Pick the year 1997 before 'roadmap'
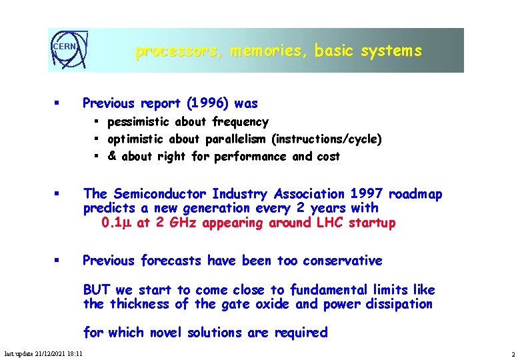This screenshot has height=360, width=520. pos(366,194)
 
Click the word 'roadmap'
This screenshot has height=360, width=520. pos(416,194)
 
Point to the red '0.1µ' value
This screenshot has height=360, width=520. pos(117,223)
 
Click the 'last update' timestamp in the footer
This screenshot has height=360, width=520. pos(43,353)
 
